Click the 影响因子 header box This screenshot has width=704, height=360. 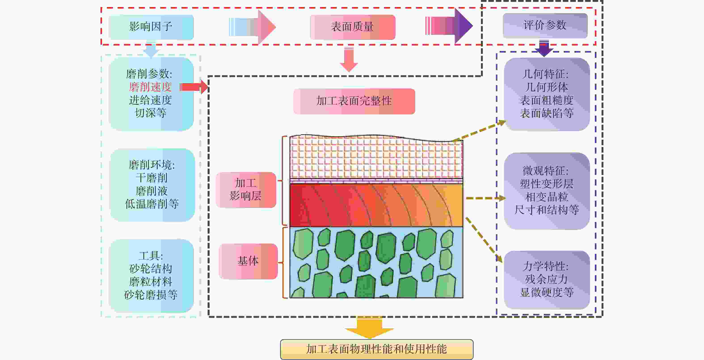tap(151, 27)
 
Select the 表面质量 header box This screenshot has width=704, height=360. tap(352, 27)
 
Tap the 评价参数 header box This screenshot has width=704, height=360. tap(545, 25)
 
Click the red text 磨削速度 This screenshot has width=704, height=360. tap(150, 87)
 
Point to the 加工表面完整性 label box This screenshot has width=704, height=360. tap(354, 101)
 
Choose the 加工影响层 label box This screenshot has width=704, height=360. tap(246, 190)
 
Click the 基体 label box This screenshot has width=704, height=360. tap(248, 261)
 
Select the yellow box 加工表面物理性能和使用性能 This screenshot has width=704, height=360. tap(377, 349)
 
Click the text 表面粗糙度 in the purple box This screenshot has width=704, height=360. tap(547, 100)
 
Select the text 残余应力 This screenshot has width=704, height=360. tap(547, 279)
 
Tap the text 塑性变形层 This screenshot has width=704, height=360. tap(547, 184)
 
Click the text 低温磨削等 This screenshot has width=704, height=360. tap(152, 204)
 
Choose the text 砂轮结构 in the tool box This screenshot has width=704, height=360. tap(151, 269)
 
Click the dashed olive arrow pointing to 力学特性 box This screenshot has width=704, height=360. tap(484, 240)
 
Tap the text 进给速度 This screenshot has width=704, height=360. tap(150, 100)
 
